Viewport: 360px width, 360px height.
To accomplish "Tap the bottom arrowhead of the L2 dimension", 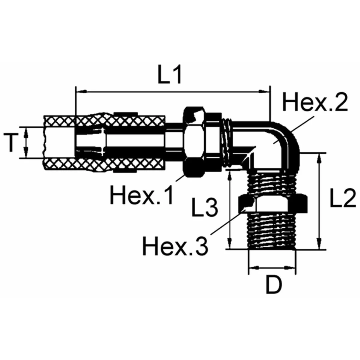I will click(319, 244).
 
